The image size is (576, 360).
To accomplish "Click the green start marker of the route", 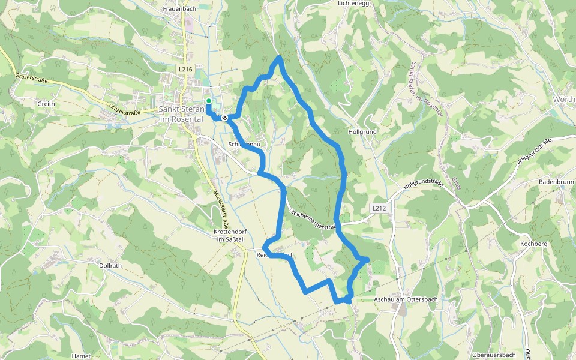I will [208, 101].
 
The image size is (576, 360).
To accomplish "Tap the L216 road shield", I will [185, 70].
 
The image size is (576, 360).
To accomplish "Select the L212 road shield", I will [378, 208].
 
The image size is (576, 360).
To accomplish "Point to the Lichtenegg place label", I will [352, 3].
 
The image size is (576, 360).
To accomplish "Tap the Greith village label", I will [46, 104].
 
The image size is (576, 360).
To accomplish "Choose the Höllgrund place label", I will [362, 131].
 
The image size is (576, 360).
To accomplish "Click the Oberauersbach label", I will [494, 355].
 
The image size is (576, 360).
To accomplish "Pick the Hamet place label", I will [81, 356].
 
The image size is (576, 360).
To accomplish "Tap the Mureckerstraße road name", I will [221, 208].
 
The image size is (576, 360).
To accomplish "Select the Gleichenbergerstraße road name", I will [311, 220].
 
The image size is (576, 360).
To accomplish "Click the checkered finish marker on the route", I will [224, 118].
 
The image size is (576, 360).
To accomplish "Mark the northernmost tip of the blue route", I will [280, 58].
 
